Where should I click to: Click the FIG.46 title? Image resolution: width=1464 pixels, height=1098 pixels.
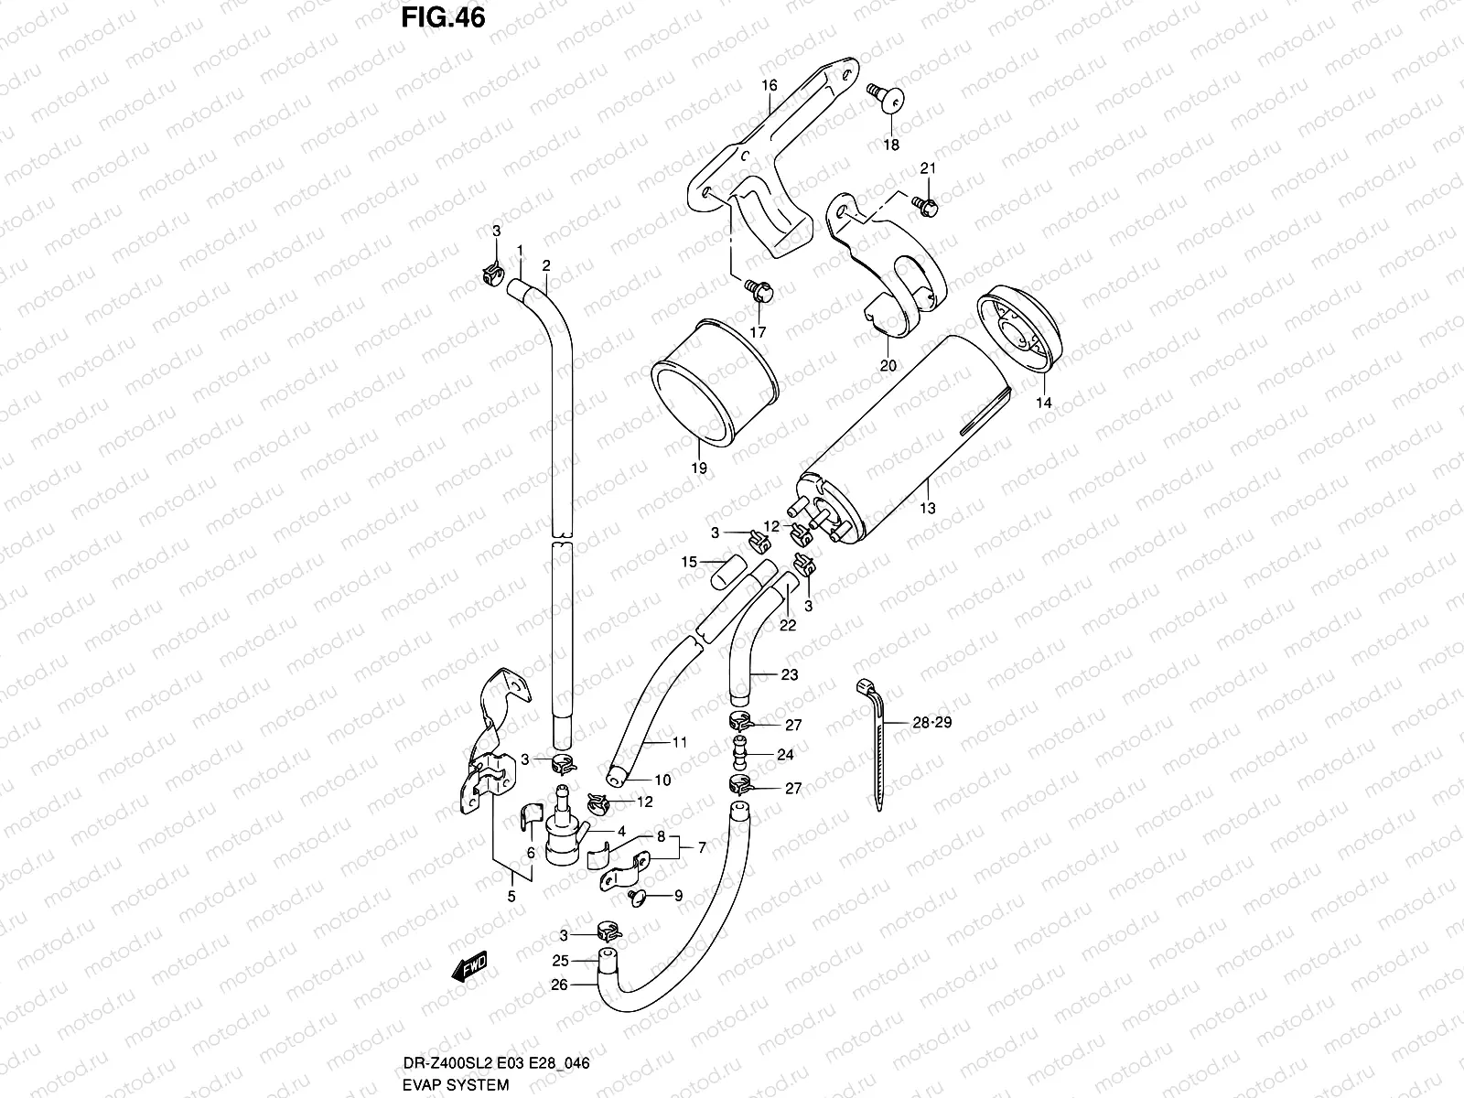tap(443, 17)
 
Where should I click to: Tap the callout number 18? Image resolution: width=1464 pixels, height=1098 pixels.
tap(890, 145)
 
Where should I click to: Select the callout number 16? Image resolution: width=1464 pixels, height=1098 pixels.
tap(769, 85)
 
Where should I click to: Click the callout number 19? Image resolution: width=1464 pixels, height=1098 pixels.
tap(699, 468)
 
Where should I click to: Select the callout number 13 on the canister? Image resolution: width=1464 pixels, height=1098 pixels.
tap(928, 509)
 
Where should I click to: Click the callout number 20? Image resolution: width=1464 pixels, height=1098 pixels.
tap(888, 366)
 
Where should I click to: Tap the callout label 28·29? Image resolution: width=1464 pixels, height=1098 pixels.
tap(931, 722)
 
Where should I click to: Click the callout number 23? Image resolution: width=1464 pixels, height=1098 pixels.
tap(789, 674)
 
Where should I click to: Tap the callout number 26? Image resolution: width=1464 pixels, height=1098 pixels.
tap(560, 985)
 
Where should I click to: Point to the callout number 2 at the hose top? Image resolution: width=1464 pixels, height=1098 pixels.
tap(545, 265)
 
